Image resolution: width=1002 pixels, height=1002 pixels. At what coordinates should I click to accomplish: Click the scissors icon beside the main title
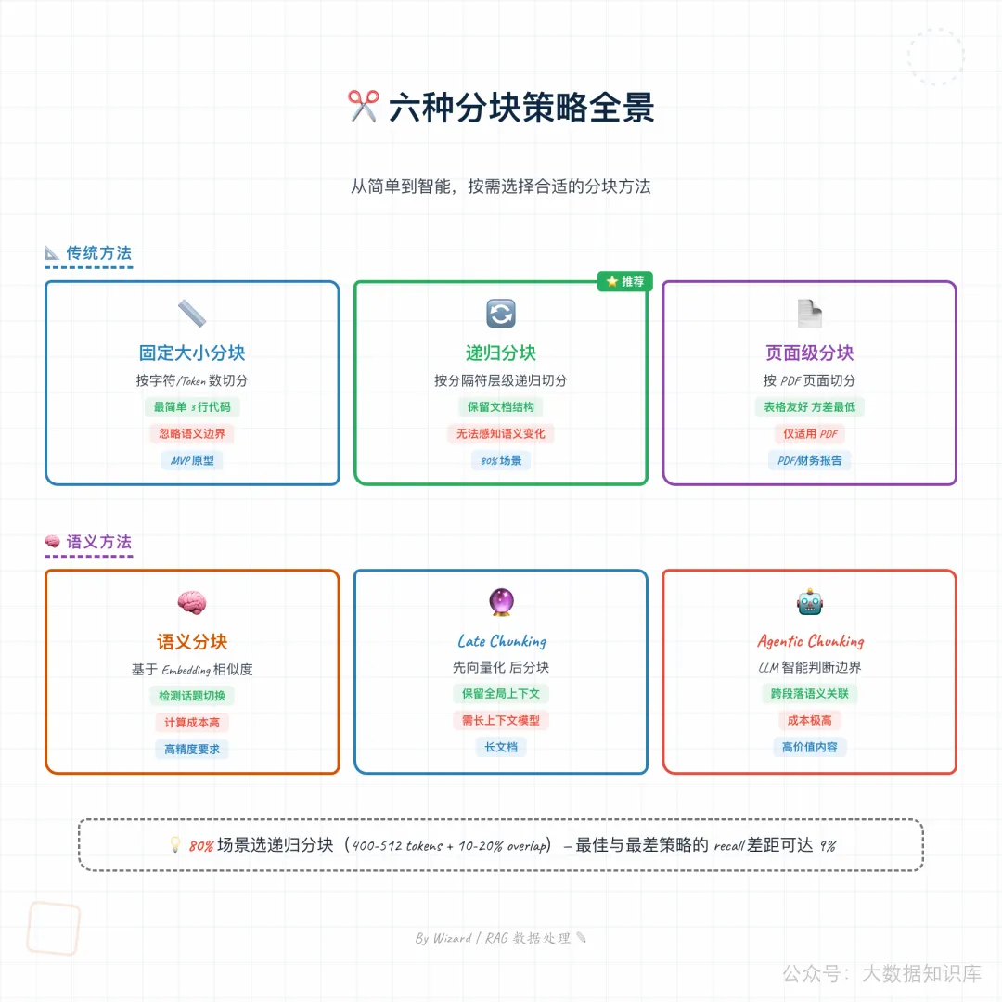click(364, 107)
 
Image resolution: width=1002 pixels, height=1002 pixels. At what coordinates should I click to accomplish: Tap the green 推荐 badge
click(625, 281)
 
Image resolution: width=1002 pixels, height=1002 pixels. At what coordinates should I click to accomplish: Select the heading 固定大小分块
click(192, 353)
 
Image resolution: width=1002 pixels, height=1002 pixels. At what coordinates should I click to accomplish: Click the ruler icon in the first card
click(192, 314)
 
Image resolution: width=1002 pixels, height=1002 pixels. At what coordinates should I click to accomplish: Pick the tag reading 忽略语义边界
click(192, 433)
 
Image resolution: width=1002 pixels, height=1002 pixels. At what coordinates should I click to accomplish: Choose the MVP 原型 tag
click(192, 460)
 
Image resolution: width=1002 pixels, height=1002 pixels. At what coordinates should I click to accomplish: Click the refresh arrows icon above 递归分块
click(501, 314)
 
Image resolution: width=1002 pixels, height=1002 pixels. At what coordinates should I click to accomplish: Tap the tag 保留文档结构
click(501, 406)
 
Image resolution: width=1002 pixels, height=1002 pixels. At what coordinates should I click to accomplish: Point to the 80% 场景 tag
click(501, 460)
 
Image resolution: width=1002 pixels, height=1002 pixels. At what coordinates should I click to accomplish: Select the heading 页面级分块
click(809, 353)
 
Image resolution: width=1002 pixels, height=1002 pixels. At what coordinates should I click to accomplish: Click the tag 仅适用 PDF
click(809, 433)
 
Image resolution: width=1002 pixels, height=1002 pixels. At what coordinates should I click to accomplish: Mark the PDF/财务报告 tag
click(809, 460)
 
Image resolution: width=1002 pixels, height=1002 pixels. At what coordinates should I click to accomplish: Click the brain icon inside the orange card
click(192, 603)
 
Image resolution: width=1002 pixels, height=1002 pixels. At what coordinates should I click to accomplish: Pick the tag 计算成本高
click(192, 722)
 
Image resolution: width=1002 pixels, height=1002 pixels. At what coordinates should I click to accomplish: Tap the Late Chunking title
click(501, 641)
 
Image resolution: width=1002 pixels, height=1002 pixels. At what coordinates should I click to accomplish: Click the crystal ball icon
click(501, 603)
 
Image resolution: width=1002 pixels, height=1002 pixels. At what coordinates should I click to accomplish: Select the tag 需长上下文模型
click(501, 720)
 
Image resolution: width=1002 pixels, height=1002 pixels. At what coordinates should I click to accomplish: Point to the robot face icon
click(809, 603)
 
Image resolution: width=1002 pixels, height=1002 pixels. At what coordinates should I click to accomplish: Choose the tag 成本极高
click(809, 720)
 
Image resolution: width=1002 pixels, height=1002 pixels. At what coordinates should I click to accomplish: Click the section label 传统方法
click(98, 252)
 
